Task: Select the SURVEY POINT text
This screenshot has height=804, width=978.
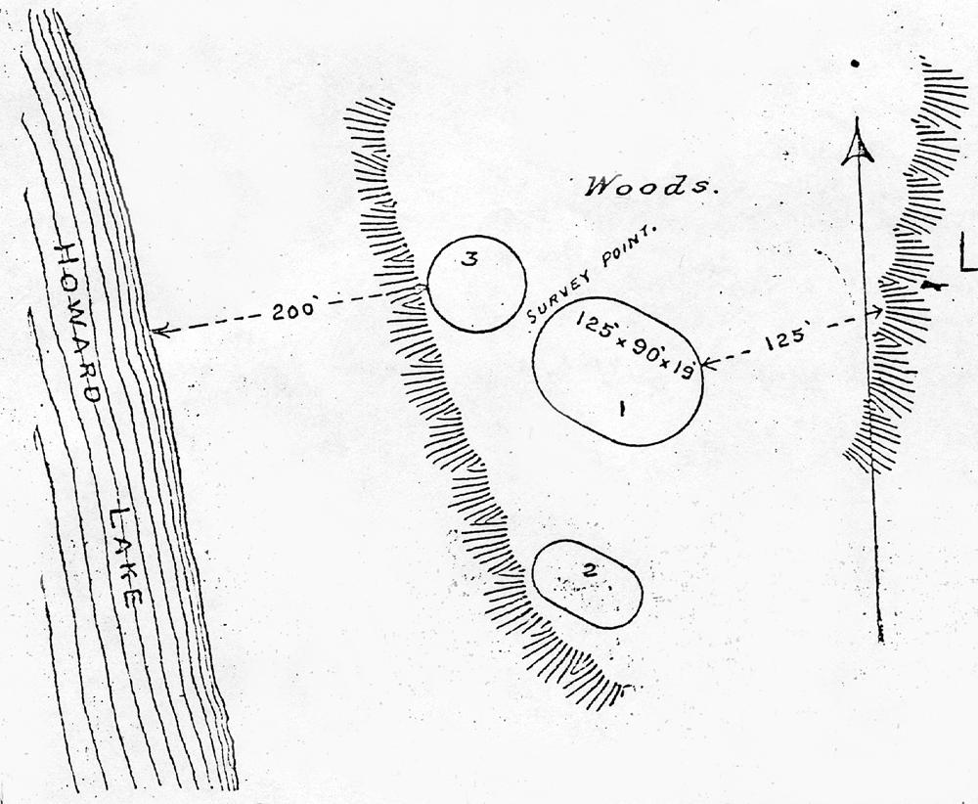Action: [594, 274]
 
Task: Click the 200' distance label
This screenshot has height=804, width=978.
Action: [292, 310]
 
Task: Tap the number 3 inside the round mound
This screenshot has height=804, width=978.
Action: [470, 259]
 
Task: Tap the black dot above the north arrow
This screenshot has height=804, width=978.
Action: [856, 65]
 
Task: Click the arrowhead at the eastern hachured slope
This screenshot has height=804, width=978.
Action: [879, 312]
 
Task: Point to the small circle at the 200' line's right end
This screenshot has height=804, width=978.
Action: [421, 289]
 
